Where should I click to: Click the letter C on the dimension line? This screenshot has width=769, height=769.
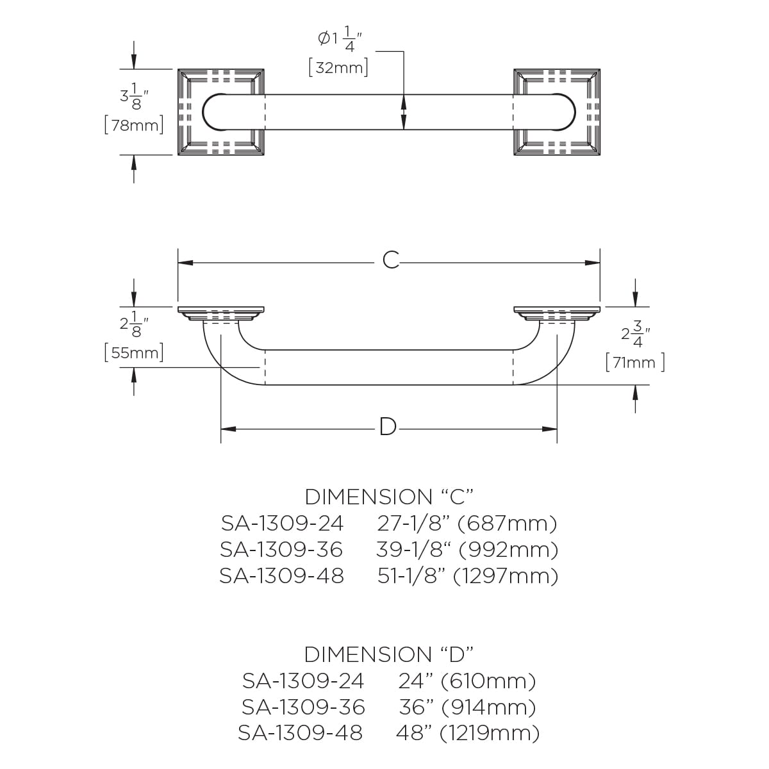pyautogui.click(x=390, y=260)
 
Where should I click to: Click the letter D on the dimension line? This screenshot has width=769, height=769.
pyautogui.click(x=388, y=427)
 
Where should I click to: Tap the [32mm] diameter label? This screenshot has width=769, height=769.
pyautogui.click(x=338, y=67)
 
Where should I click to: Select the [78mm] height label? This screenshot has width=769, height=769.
pyautogui.click(x=133, y=125)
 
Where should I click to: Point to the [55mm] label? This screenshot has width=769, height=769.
pyautogui.click(x=133, y=353)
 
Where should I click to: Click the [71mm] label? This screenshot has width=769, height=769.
pyautogui.click(x=634, y=363)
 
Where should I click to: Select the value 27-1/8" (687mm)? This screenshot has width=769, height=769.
pyautogui.click(x=467, y=524)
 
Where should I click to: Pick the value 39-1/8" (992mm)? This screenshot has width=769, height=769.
pyautogui.click(x=467, y=550)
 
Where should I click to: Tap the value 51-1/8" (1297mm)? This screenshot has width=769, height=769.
pyautogui.click(x=468, y=576)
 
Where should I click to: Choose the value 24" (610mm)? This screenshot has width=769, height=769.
pyautogui.click(x=467, y=681)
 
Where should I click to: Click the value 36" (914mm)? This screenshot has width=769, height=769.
pyautogui.click(x=467, y=707)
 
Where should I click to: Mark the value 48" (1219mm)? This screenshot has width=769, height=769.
pyautogui.click(x=468, y=732)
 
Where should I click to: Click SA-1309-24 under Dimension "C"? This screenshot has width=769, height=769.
pyautogui.click(x=282, y=524)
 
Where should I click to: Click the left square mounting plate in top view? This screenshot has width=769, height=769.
pyautogui.click(x=220, y=112)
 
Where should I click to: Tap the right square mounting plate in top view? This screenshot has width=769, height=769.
pyautogui.click(x=557, y=112)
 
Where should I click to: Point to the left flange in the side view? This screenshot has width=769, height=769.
pyautogui.click(x=220, y=313)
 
